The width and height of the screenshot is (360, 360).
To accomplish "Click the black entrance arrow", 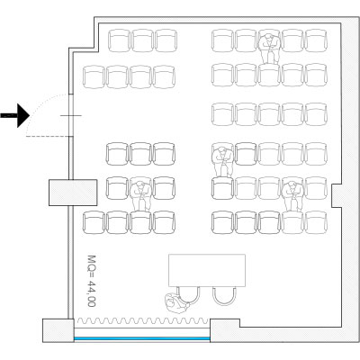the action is click(x=15, y=115).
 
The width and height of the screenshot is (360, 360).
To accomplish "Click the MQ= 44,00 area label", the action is click(x=92, y=281).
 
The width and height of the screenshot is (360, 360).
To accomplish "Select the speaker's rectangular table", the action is click(x=207, y=270).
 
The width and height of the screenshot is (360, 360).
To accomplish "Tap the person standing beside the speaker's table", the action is click(x=177, y=303).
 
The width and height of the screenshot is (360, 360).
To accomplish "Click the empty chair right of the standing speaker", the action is click(x=224, y=296).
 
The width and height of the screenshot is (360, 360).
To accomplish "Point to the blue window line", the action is click(x=142, y=338).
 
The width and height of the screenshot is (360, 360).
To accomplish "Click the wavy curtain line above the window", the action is click(x=143, y=321).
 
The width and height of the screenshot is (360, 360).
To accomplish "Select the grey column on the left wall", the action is click(x=73, y=193).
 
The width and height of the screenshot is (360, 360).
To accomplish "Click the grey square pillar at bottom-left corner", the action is click(x=58, y=330).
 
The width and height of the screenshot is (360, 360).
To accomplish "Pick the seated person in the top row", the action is click(x=270, y=48).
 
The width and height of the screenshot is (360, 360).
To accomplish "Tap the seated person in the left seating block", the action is click(x=140, y=195).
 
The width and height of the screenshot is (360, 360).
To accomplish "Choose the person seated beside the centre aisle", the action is click(x=222, y=161).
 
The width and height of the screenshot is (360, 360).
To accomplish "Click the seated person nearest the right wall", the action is click(x=293, y=196).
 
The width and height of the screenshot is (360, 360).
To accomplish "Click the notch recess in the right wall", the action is click(x=337, y=195).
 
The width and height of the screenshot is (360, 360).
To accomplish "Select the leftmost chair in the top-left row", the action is click(x=119, y=40).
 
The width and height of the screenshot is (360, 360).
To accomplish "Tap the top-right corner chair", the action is click(x=316, y=40).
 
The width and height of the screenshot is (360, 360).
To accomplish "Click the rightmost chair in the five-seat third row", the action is click(x=316, y=114).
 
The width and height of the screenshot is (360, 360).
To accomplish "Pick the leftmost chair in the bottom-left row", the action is click(x=94, y=222).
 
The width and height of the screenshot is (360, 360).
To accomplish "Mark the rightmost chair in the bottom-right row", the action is click(x=316, y=222).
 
